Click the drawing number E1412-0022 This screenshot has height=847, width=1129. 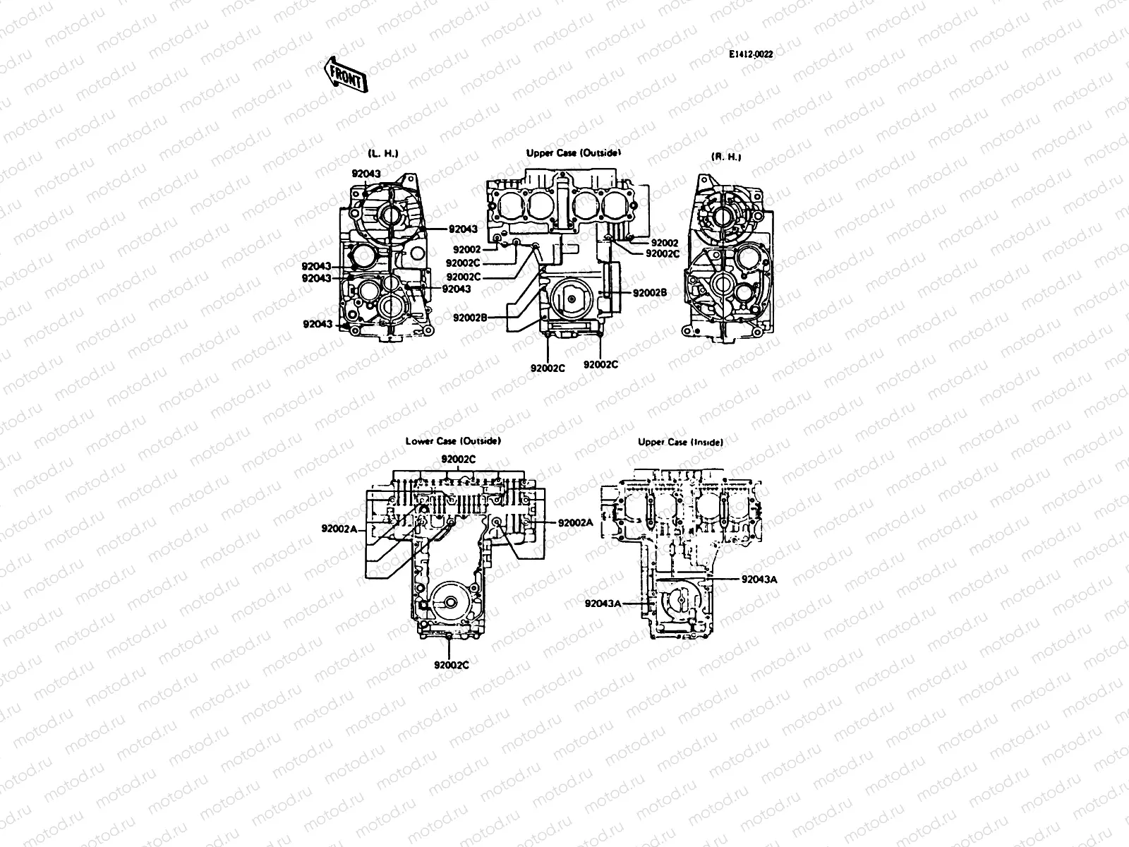pyautogui.click(x=751, y=54)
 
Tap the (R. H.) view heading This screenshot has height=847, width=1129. pyautogui.click(x=725, y=157)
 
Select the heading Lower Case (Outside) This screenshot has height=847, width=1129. pyautogui.click(x=453, y=441)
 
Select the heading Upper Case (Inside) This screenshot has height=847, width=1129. pyautogui.click(x=680, y=443)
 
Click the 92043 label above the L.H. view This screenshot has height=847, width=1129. pyautogui.click(x=366, y=174)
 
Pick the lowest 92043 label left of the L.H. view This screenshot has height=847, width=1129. pyautogui.click(x=317, y=325)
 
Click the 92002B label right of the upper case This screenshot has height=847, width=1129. pyautogui.click(x=650, y=293)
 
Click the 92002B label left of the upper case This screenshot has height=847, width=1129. pyautogui.click(x=470, y=318)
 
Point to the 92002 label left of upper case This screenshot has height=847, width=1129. pyautogui.click(x=467, y=249)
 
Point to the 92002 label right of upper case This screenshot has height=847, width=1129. pyautogui.click(x=664, y=243)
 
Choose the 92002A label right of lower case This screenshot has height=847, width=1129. pyautogui.click(x=575, y=523)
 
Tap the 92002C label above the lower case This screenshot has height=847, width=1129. pyautogui.click(x=459, y=459)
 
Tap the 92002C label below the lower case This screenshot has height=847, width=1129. pyautogui.click(x=452, y=664)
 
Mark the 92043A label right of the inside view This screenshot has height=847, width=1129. pyautogui.click(x=759, y=579)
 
